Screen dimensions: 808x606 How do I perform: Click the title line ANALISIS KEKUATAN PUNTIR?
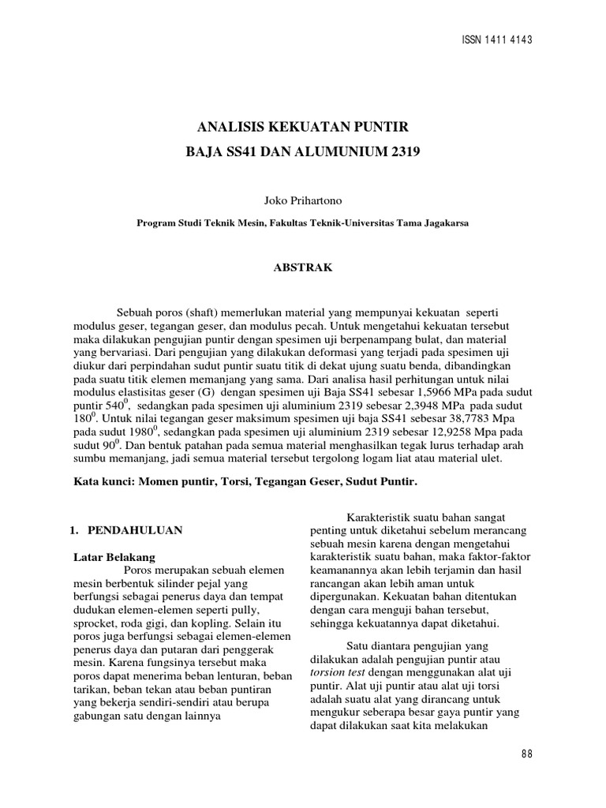303,126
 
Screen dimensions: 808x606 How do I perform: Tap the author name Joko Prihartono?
303,202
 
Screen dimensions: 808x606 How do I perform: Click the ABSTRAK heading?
303,267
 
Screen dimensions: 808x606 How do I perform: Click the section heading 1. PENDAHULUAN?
127,530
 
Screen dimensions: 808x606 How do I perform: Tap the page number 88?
527,754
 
